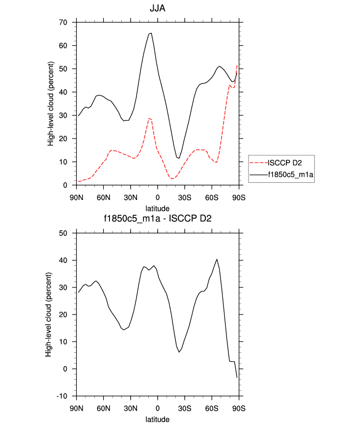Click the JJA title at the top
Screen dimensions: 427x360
point(157,8)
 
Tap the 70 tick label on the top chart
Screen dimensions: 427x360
point(63,23)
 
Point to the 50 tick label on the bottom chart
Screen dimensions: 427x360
point(63,233)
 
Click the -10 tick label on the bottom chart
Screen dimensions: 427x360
point(62,396)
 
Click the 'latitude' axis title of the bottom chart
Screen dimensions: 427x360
point(157,420)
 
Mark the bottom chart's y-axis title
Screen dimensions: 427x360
point(48,314)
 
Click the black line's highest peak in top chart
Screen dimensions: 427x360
point(151,33)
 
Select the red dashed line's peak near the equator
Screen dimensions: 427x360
point(149,118)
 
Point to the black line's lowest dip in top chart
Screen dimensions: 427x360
point(179,158)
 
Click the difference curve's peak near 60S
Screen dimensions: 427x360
point(217,259)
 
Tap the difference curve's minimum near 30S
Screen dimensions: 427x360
point(179,352)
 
